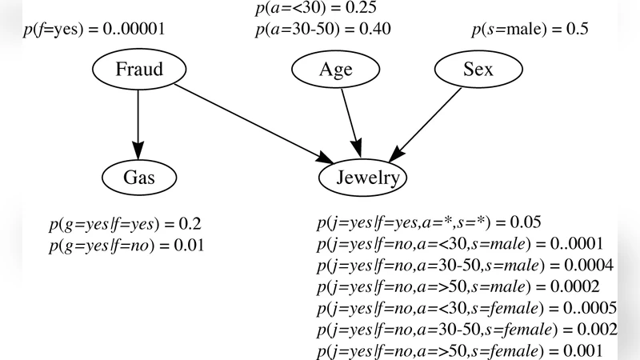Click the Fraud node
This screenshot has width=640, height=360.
pyautogui.click(x=138, y=70)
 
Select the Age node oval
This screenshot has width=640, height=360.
pyautogui.click(x=336, y=70)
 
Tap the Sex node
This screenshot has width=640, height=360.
pyautogui.click(x=478, y=70)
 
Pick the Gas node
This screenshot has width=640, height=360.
pyautogui.click(x=138, y=178)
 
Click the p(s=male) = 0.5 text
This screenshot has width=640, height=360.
pyautogui.click(x=529, y=30)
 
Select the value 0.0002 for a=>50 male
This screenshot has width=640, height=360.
pyautogui.click(x=571, y=286)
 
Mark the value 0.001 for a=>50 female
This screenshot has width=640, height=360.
pyautogui.click(x=578, y=351)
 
